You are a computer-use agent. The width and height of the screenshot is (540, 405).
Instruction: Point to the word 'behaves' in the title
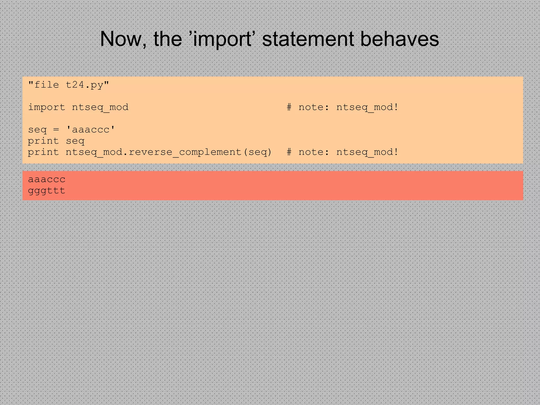399,39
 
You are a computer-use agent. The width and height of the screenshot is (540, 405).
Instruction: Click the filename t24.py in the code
85,85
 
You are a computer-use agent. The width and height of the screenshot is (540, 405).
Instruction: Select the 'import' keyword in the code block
46,107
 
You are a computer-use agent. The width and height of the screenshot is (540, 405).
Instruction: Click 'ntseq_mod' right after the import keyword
100,107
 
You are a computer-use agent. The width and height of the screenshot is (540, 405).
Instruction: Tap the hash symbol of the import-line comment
289,107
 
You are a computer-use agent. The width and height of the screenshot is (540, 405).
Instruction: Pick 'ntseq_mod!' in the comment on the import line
367,107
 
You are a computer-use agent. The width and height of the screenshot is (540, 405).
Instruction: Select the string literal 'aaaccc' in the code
90,130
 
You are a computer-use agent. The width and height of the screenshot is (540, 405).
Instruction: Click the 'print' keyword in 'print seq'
43,141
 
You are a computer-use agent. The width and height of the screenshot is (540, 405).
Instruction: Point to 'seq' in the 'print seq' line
75,141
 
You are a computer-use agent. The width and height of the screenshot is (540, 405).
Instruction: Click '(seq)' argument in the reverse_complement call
257,152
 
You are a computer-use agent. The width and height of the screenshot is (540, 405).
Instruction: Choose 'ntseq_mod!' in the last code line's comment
367,152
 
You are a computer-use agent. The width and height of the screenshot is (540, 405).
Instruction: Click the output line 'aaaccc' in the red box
47,179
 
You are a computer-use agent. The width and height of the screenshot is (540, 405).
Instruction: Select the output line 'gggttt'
47,190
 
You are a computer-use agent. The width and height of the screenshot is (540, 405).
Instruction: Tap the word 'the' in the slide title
168,39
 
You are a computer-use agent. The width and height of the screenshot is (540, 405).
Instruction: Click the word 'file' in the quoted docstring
46,85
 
